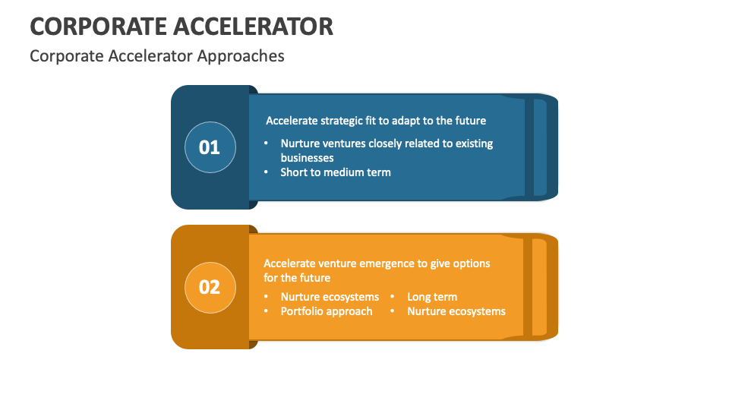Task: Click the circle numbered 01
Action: (x=210, y=147)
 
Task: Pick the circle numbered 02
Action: (x=210, y=287)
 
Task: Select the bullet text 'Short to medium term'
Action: (x=336, y=172)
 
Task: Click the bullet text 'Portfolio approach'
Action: (x=327, y=311)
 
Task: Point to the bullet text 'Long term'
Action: (x=432, y=297)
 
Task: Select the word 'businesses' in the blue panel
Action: (x=307, y=158)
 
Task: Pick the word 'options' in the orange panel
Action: (x=472, y=263)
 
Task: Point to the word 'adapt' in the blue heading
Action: (x=411, y=121)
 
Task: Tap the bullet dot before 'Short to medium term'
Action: (x=266, y=172)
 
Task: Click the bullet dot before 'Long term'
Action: (x=393, y=297)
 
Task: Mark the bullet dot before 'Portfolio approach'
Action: (x=266, y=311)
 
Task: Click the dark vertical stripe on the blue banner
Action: (x=529, y=147)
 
